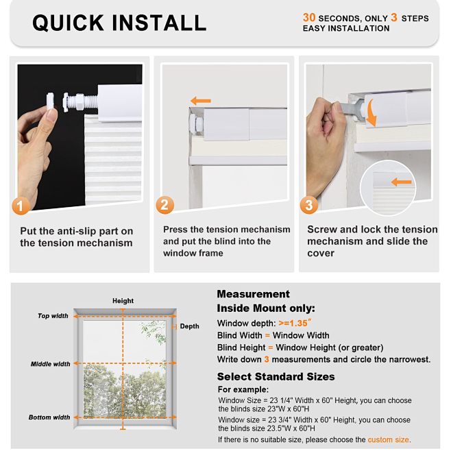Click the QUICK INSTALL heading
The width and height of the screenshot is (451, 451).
(119, 22)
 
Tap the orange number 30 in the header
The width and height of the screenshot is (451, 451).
(309, 17)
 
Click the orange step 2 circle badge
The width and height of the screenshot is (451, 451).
(165, 204)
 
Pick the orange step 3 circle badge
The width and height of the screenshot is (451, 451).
(309, 204)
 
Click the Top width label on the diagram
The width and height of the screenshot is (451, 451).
(53, 316)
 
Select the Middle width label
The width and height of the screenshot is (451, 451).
(50, 364)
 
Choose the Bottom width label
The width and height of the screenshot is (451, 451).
(49, 417)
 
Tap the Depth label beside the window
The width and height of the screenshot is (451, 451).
(189, 326)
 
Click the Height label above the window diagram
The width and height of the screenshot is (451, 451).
(123, 301)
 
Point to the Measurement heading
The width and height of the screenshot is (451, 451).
(253, 294)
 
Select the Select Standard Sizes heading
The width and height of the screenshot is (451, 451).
(276, 376)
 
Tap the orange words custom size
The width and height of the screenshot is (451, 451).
(388, 439)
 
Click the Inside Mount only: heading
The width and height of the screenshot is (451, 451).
(266, 308)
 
